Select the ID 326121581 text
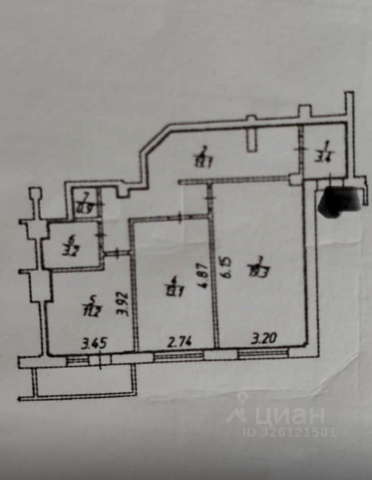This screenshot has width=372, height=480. [289, 431]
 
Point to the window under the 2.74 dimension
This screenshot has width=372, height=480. [178, 356]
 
